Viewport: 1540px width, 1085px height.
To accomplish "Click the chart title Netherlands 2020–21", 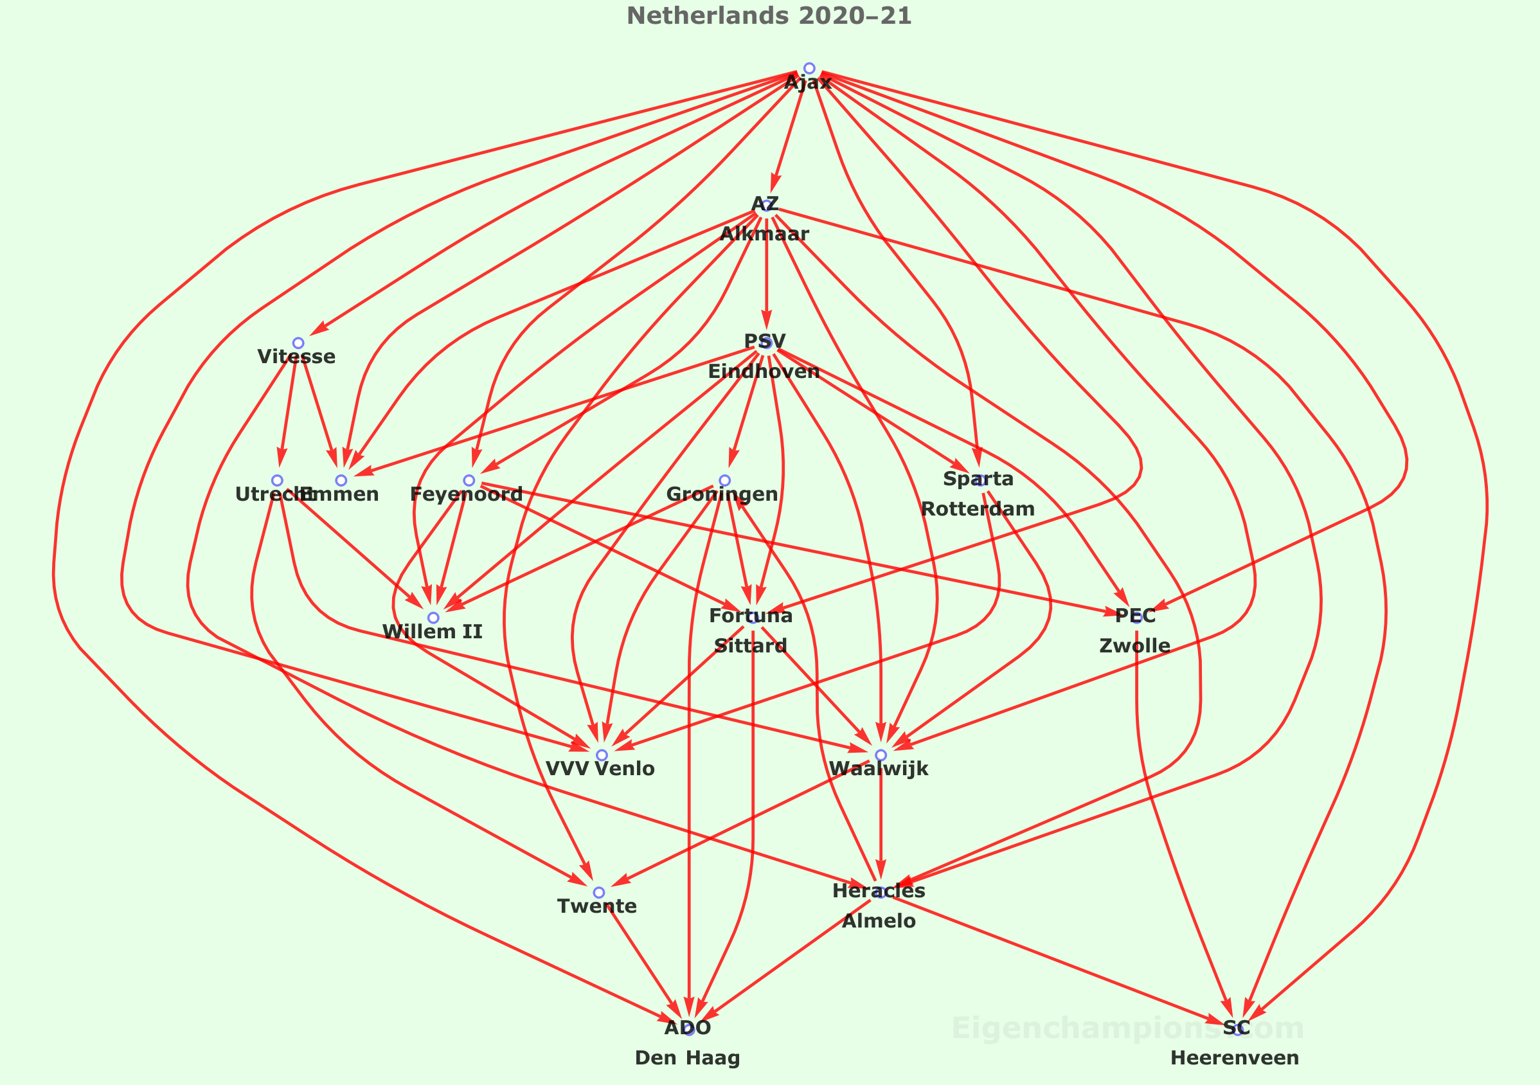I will [x=769, y=16].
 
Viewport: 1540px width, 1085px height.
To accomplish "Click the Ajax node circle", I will [x=809, y=68].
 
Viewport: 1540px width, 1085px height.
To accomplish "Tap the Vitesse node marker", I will [x=298, y=343].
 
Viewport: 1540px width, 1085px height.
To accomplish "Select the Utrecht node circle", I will [x=276, y=480].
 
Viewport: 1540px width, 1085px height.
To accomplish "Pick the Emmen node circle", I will [x=341, y=480].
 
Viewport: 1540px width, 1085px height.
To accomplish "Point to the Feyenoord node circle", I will [x=469, y=480].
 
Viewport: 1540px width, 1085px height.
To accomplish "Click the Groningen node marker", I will [x=724, y=480].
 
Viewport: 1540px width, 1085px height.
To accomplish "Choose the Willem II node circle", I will [x=433, y=618].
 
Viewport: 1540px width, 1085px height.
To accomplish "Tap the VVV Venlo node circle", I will [x=602, y=755].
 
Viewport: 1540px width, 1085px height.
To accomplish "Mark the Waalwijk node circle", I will [x=881, y=755].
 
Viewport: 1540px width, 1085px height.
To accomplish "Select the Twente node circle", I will [x=598, y=893].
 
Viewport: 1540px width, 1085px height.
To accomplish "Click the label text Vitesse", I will [x=296, y=357].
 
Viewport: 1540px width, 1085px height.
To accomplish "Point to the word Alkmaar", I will [x=764, y=235].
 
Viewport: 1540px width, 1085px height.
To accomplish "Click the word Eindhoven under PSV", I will [x=764, y=372].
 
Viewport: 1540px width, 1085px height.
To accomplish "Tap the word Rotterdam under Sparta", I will [x=977, y=509].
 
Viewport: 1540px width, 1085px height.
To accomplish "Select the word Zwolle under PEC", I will [x=1134, y=646].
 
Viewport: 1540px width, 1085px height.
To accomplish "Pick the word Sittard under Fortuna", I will [x=750, y=646].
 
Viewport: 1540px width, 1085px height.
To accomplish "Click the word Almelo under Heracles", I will [x=879, y=921].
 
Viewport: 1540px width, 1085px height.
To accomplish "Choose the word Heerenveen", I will [x=1234, y=1058].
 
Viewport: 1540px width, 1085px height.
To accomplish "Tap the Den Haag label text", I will [x=687, y=1058].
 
